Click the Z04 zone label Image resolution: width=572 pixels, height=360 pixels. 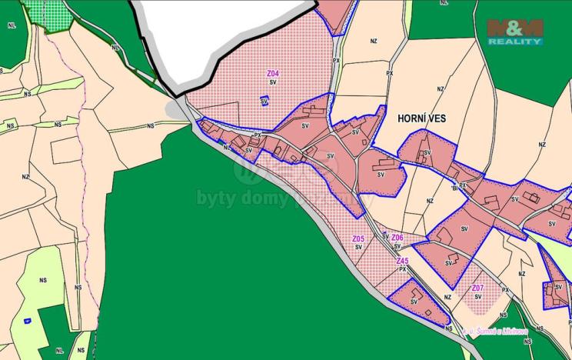(273, 74)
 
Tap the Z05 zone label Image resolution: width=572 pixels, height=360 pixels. (358, 239)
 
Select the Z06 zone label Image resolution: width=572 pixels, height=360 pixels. (397, 238)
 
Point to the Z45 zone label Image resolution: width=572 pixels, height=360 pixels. (402, 262)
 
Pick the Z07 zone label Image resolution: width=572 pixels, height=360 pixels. (477, 288)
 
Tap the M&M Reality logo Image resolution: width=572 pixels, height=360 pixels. (514, 32)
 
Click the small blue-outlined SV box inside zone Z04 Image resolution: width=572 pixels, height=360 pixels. (264, 101)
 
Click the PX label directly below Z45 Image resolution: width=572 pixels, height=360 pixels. (402, 269)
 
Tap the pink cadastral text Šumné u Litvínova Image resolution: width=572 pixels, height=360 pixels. (494, 332)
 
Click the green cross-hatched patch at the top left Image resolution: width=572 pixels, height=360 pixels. (48, 14)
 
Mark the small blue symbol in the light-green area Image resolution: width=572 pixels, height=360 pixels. (27, 320)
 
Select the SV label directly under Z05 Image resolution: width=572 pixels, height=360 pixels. (358, 247)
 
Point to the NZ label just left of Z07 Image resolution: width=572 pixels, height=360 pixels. (447, 297)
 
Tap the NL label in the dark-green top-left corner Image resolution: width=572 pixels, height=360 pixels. (11, 25)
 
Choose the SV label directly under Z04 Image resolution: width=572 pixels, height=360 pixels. (273, 82)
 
